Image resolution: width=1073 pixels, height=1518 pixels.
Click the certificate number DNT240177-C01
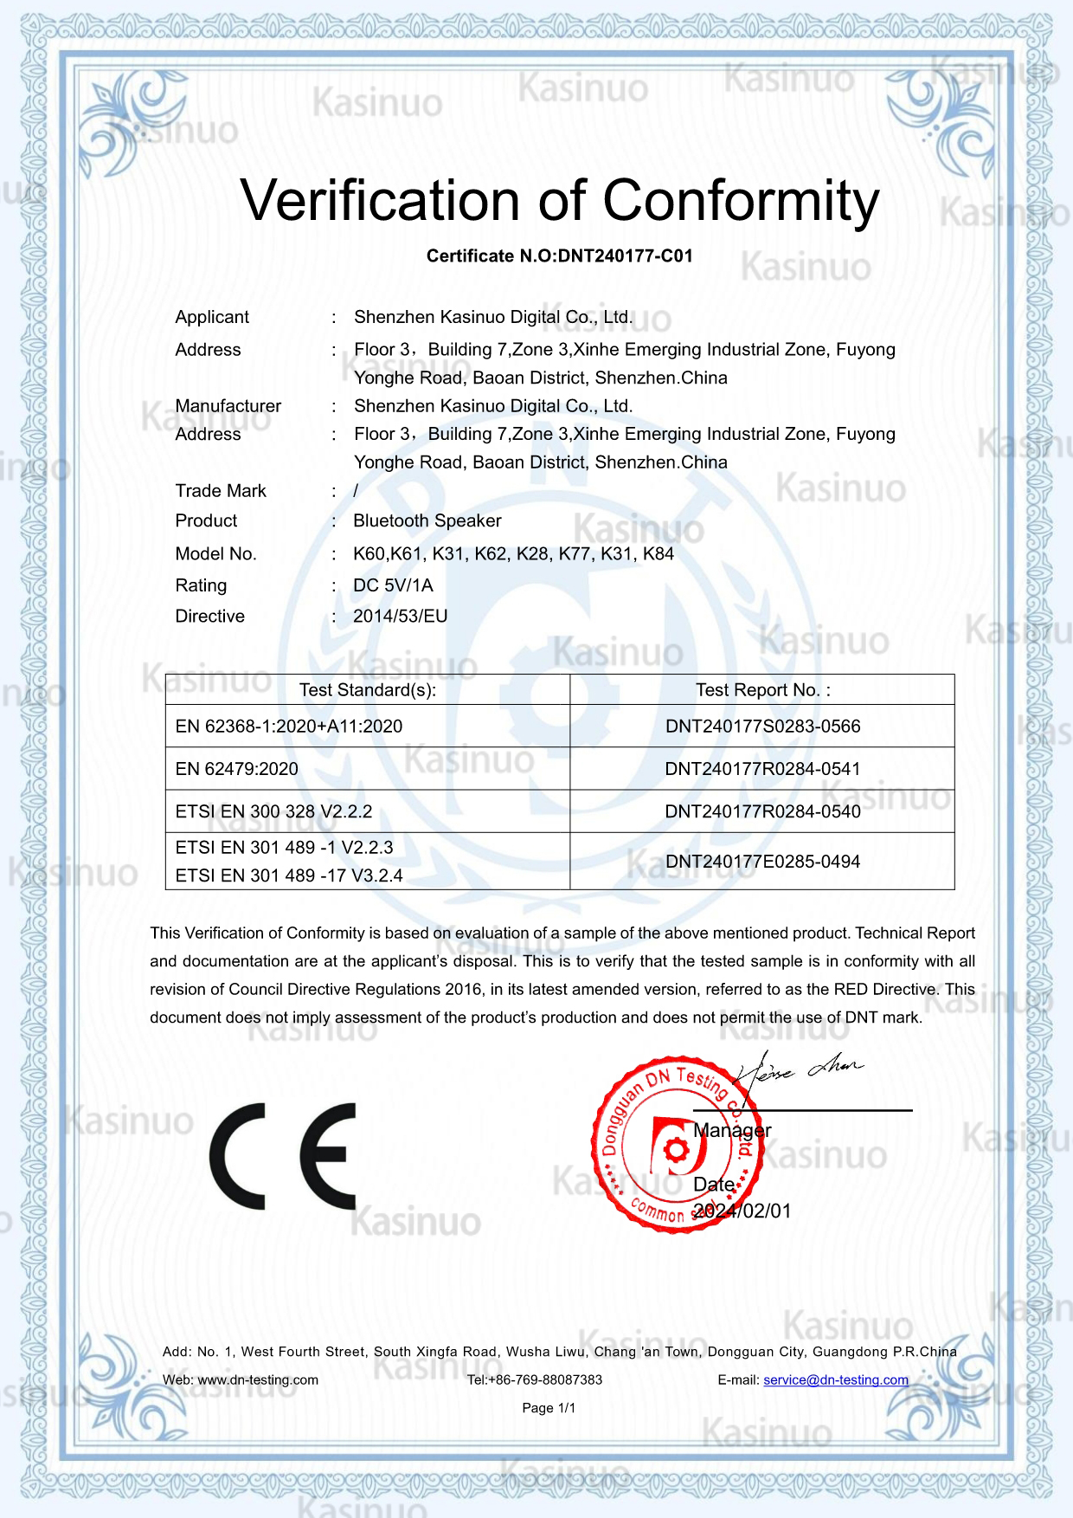pos(625,256)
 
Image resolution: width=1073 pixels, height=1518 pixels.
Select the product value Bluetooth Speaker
pos(427,521)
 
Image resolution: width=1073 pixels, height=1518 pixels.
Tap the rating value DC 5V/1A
pos(393,586)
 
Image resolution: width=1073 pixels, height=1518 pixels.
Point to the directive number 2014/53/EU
pos(400,617)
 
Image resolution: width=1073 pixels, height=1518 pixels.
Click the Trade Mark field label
pos(221,491)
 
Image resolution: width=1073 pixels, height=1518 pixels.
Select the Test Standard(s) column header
pos(367,690)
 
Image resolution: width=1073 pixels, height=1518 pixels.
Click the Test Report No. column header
pos(762,690)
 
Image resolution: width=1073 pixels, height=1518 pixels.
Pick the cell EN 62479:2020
pos(236,769)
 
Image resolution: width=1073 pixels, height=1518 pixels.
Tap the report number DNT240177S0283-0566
pos(762,727)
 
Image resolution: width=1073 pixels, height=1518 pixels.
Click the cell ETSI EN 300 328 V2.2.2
pos(273,811)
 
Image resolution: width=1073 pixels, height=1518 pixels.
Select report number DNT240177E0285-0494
pos(762,862)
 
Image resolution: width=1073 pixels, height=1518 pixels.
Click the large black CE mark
pos(282,1156)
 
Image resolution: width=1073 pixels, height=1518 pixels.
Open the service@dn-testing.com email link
pos(835,1380)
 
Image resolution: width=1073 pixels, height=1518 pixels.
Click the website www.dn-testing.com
pos(258,1380)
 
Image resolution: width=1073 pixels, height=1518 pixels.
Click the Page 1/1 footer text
pos(549,1408)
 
